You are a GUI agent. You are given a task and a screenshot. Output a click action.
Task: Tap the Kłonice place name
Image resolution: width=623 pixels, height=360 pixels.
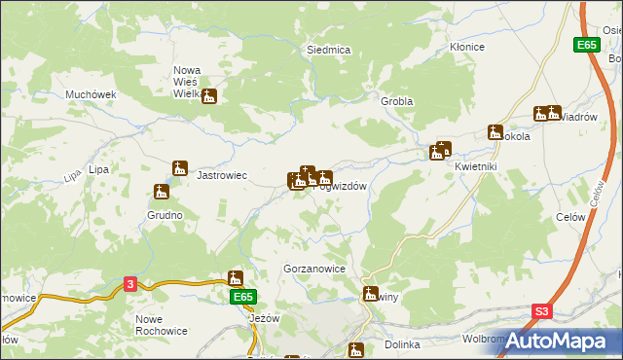tap(466, 47)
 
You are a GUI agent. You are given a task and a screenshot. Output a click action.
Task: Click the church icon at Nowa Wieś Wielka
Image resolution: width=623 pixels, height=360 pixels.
tap(209, 96)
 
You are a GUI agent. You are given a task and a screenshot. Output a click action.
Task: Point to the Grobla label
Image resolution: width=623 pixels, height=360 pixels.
tap(397, 101)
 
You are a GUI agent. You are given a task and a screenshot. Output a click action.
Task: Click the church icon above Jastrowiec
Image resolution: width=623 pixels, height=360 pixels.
tap(179, 167)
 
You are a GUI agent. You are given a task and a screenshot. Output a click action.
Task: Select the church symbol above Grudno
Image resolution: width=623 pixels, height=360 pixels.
tap(162, 192)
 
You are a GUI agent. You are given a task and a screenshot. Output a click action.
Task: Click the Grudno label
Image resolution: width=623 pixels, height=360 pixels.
tap(165, 214)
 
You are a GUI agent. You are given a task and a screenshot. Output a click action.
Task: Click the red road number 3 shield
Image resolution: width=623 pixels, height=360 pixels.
tap(130, 283)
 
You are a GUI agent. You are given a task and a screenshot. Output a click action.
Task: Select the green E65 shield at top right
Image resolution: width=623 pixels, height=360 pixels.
tap(585, 45)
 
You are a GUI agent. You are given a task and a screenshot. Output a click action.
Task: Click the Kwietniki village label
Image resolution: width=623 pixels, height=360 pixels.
tap(476, 165)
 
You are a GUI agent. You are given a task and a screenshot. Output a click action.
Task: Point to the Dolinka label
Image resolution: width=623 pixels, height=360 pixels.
tap(400, 344)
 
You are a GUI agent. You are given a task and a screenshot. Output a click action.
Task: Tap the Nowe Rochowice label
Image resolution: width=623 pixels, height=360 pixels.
tap(162, 326)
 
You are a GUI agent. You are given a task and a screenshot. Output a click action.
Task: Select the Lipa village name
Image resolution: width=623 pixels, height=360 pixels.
tap(97, 169)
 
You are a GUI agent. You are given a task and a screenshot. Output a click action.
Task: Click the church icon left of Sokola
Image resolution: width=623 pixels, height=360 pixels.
tap(495, 132)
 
